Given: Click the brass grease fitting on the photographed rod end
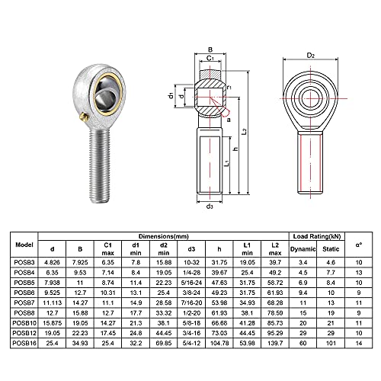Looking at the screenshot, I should coord(83,116).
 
